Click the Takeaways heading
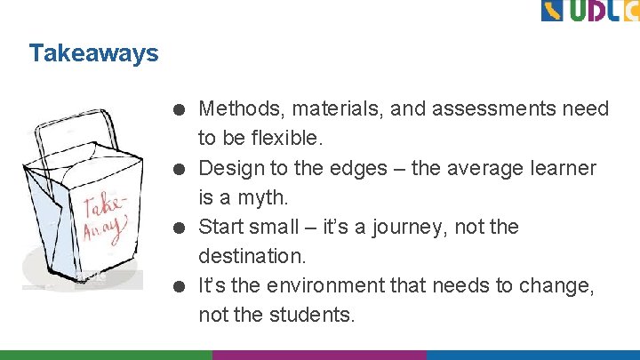coord(93,53)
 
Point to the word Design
coord(230,168)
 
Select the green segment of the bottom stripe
coord(106,354)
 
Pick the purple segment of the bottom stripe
coord(319,354)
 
